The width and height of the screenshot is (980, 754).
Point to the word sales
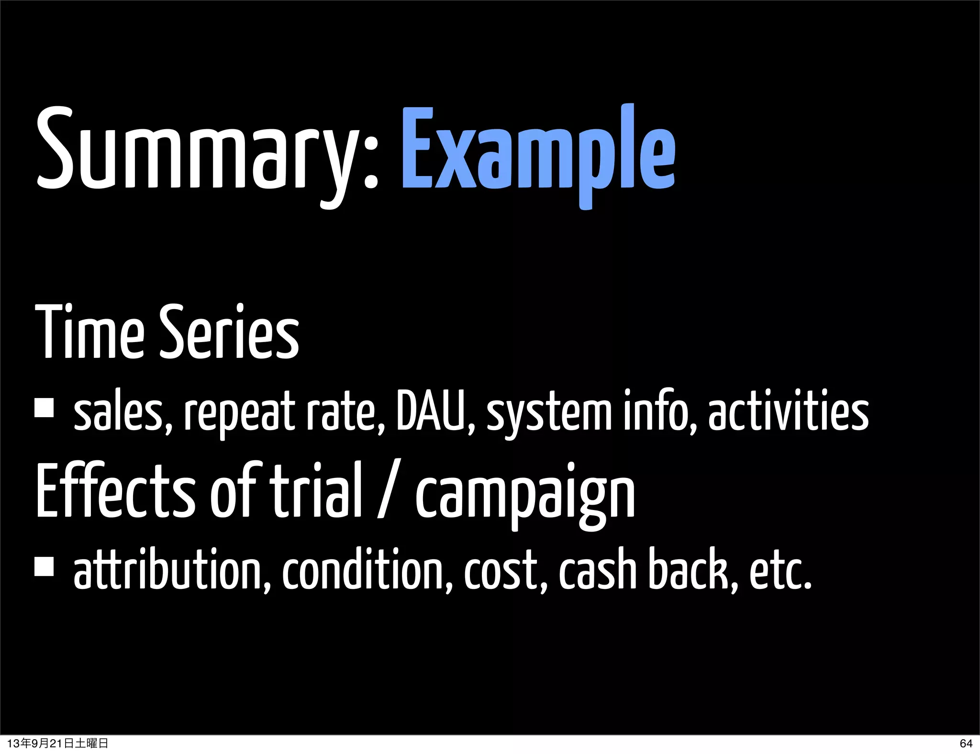click(122, 412)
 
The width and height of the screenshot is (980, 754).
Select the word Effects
click(114, 490)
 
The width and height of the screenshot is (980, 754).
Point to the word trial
click(316, 490)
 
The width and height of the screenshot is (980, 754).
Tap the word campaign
click(524, 495)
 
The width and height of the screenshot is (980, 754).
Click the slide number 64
click(966, 743)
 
